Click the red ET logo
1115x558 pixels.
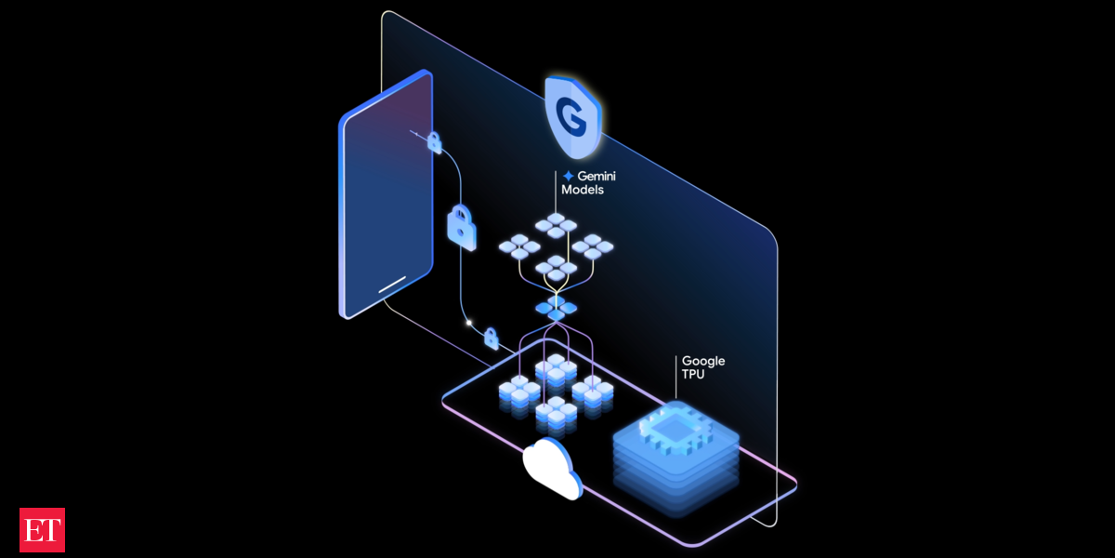[42, 530]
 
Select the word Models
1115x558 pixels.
[583, 190]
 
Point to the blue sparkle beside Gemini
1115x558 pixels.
[568, 175]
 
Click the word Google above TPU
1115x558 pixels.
[703, 361]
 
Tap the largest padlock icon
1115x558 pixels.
[462, 225]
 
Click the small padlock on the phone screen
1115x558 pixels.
[434, 142]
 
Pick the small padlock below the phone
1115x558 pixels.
[491, 338]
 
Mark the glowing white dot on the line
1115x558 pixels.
[469, 325]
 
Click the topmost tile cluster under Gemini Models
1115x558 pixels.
[556, 225]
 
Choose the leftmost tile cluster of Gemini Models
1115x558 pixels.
[518, 246]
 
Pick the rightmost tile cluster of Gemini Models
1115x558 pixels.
[593, 246]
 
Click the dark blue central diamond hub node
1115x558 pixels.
[556, 307]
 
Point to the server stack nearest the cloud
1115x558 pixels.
[556, 411]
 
